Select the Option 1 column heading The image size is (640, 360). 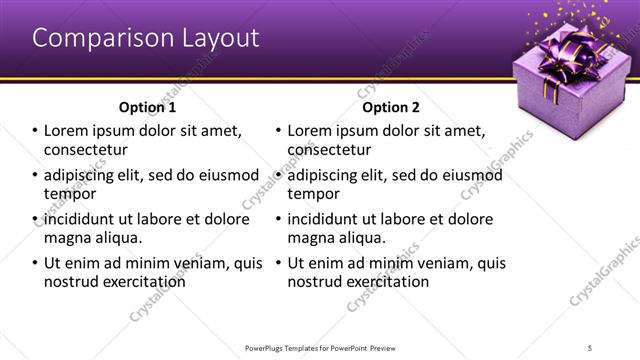tap(147, 106)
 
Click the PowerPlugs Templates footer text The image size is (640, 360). tap(320, 347)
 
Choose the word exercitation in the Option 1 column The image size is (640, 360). tap(139, 282)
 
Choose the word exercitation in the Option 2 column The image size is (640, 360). tap(383, 282)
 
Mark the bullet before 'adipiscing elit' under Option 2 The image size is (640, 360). tap(279, 176)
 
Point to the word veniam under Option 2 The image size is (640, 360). tap(442, 264)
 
